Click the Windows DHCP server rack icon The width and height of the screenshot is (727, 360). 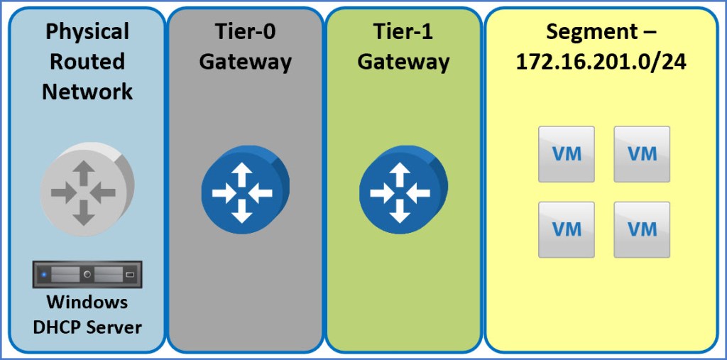click(87, 273)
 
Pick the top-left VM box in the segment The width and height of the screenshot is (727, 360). click(567, 153)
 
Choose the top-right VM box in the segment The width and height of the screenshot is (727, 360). click(642, 153)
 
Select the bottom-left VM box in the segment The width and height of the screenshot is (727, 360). click(567, 229)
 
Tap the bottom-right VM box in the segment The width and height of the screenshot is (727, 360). click(642, 229)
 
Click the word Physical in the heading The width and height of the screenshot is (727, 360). click(87, 32)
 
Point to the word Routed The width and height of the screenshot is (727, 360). click(87, 62)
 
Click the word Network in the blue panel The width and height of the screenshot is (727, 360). click(87, 92)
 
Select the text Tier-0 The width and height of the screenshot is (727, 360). click(245, 32)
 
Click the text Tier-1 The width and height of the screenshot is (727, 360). click(403, 32)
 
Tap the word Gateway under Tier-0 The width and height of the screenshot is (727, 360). click(245, 62)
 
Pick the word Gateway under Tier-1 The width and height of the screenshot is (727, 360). click(403, 62)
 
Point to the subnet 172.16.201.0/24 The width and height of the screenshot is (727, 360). click(601, 62)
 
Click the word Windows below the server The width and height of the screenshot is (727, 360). click(87, 302)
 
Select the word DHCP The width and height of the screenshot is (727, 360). click(60, 327)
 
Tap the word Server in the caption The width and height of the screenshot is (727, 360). click(114, 327)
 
